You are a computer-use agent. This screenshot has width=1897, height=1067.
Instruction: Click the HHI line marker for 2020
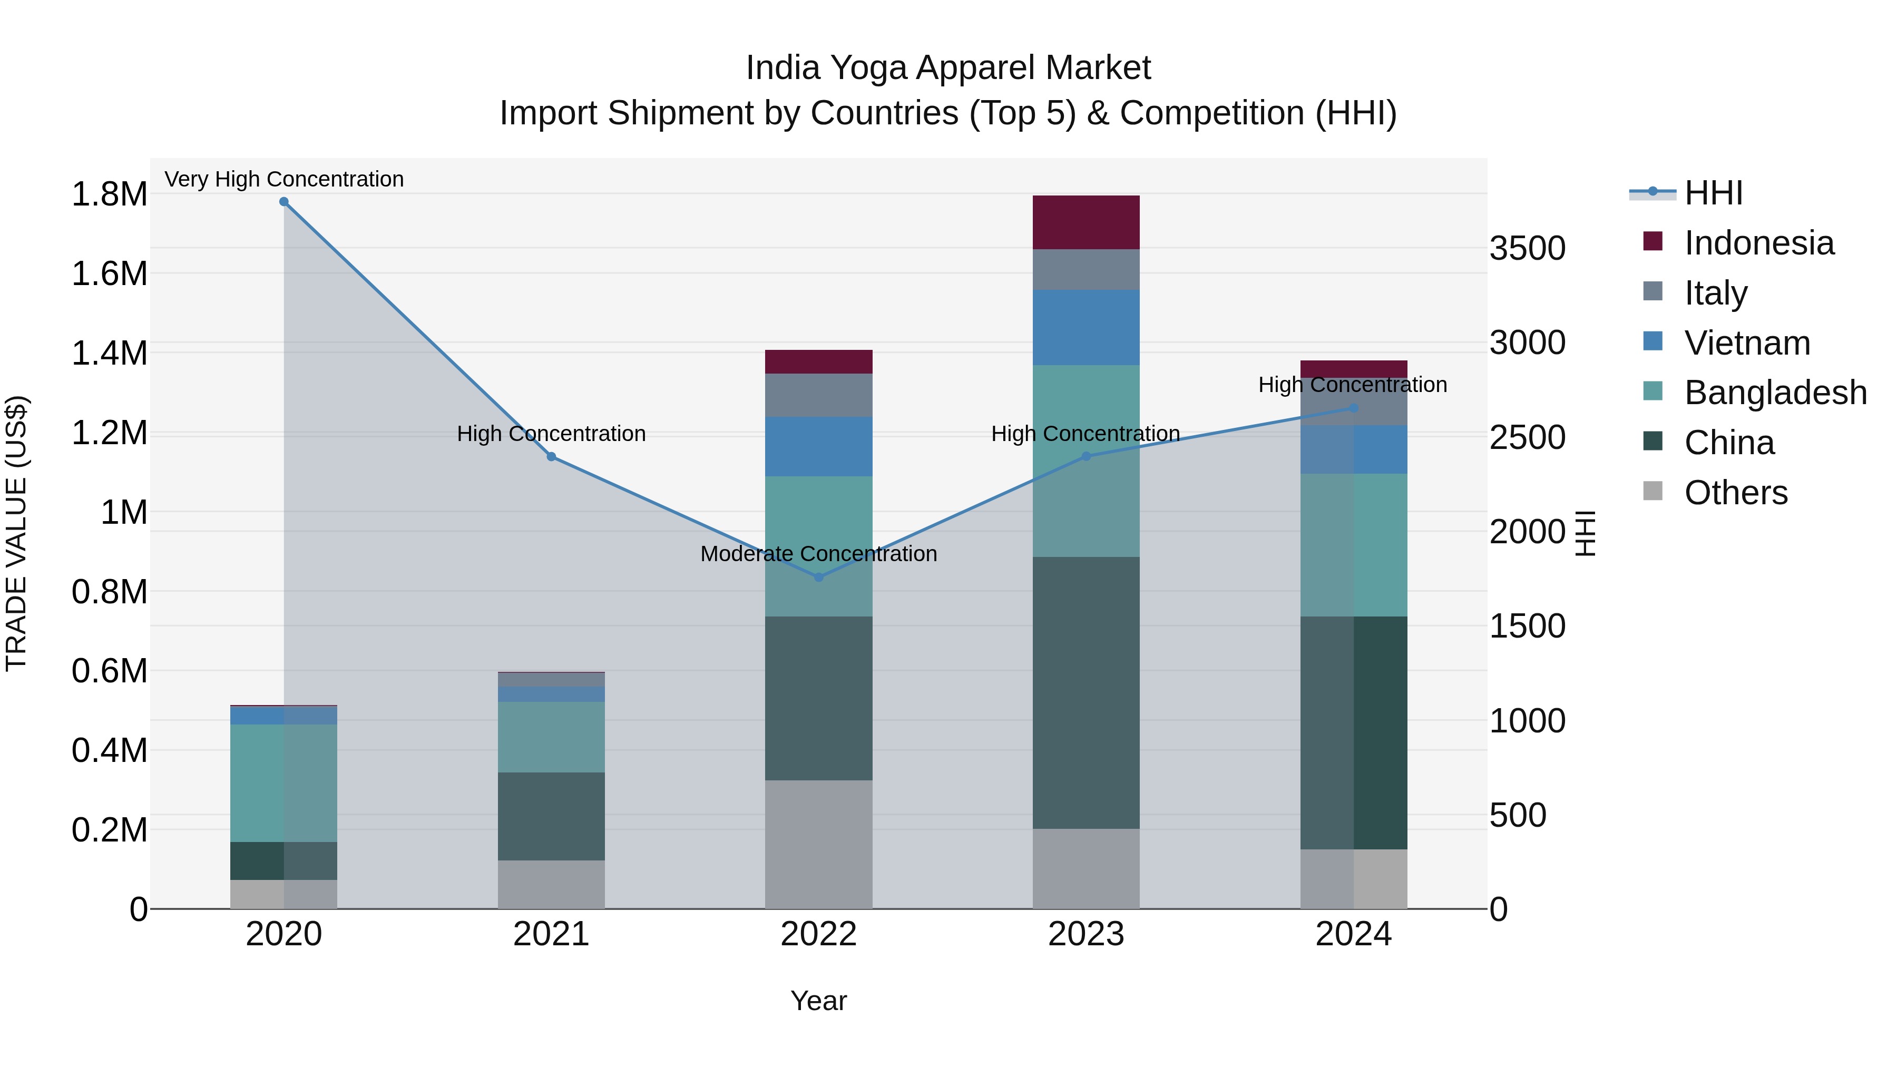[283, 202]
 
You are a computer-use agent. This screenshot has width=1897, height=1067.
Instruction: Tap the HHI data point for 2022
[818, 577]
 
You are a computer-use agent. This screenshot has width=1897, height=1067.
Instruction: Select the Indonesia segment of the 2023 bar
[1086, 222]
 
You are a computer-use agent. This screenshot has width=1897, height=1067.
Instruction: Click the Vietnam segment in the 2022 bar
[818, 447]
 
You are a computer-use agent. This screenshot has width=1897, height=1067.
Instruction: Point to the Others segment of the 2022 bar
[818, 844]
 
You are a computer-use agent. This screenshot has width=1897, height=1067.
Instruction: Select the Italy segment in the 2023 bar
[1086, 269]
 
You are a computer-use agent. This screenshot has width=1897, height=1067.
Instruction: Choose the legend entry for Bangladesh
[1775, 393]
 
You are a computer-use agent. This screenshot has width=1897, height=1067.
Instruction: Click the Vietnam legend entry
[1747, 343]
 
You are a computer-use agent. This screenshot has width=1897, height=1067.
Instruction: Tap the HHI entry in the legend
[1713, 193]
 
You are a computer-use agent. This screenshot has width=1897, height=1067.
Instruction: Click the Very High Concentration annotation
[283, 179]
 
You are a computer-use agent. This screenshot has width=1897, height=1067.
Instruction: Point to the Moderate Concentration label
[818, 554]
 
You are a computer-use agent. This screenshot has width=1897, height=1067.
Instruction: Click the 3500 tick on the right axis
[1527, 248]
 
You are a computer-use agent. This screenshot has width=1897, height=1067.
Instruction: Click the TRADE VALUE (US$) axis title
[16, 533]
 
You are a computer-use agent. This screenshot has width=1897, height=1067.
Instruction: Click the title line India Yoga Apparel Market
[948, 68]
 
